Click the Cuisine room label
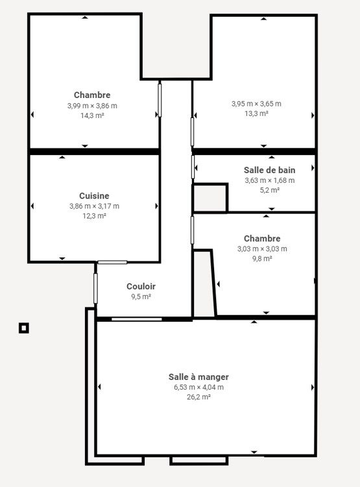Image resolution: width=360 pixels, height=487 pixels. [x=94, y=196]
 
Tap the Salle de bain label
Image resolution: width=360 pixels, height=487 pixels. [x=269, y=170]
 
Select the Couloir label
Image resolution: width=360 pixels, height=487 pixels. [x=141, y=287]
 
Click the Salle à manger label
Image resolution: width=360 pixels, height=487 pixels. [x=198, y=377]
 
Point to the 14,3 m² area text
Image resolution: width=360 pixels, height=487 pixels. [x=92, y=115]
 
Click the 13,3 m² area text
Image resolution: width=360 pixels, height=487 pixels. [x=256, y=113]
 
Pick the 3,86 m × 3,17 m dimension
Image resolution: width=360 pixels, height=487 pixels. [x=94, y=206]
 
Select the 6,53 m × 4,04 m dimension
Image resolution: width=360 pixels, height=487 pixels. [x=198, y=387]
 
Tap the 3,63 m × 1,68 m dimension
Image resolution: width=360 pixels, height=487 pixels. [x=270, y=180]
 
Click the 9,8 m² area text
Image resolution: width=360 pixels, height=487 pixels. [x=262, y=258]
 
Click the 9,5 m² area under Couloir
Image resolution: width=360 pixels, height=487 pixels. [x=141, y=296]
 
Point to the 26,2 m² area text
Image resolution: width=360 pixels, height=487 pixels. [x=198, y=397]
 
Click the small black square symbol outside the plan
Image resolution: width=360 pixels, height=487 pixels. [x=24, y=328]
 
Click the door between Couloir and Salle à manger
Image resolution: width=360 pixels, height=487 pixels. [x=137, y=319]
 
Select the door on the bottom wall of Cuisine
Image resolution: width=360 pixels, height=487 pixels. [x=112, y=263]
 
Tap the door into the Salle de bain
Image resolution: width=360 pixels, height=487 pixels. [x=193, y=167]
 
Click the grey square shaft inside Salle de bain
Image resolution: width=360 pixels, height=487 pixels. [x=210, y=198]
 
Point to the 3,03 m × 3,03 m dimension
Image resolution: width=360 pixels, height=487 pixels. [x=262, y=249]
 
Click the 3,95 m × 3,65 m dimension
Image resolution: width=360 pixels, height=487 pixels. [x=256, y=104]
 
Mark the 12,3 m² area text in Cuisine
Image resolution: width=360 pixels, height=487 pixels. [x=94, y=215]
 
